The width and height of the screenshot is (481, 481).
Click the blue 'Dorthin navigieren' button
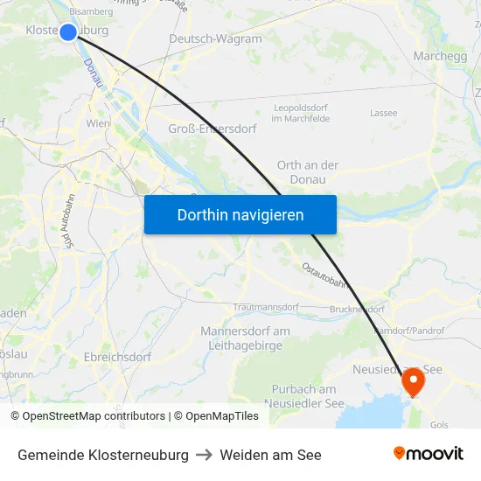click(x=240, y=214)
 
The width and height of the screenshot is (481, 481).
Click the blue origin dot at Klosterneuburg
click(x=68, y=31)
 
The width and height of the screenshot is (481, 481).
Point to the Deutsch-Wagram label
click(x=215, y=38)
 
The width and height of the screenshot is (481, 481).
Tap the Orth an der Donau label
click(x=308, y=172)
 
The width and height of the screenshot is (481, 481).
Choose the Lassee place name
click(x=383, y=113)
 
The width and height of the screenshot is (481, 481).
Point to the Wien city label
click(x=98, y=124)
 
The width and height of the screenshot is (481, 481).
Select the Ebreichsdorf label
click(x=117, y=357)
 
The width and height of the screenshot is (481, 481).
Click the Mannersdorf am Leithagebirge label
click(x=246, y=338)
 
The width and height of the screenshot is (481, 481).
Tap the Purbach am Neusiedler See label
click(x=303, y=396)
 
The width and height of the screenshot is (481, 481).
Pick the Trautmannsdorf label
click(x=266, y=308)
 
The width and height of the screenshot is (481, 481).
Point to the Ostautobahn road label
click(x=325, y=273)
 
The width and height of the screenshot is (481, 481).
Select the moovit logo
click(x=429, y=454)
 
